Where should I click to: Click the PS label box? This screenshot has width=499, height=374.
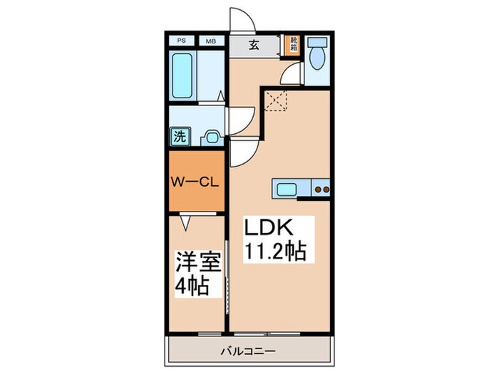click(182, 41)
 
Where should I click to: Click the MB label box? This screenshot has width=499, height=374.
click(211, 41)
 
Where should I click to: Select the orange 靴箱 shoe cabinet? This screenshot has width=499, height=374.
click(292, 45)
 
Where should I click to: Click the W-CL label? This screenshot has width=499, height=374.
click(194, 180)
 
